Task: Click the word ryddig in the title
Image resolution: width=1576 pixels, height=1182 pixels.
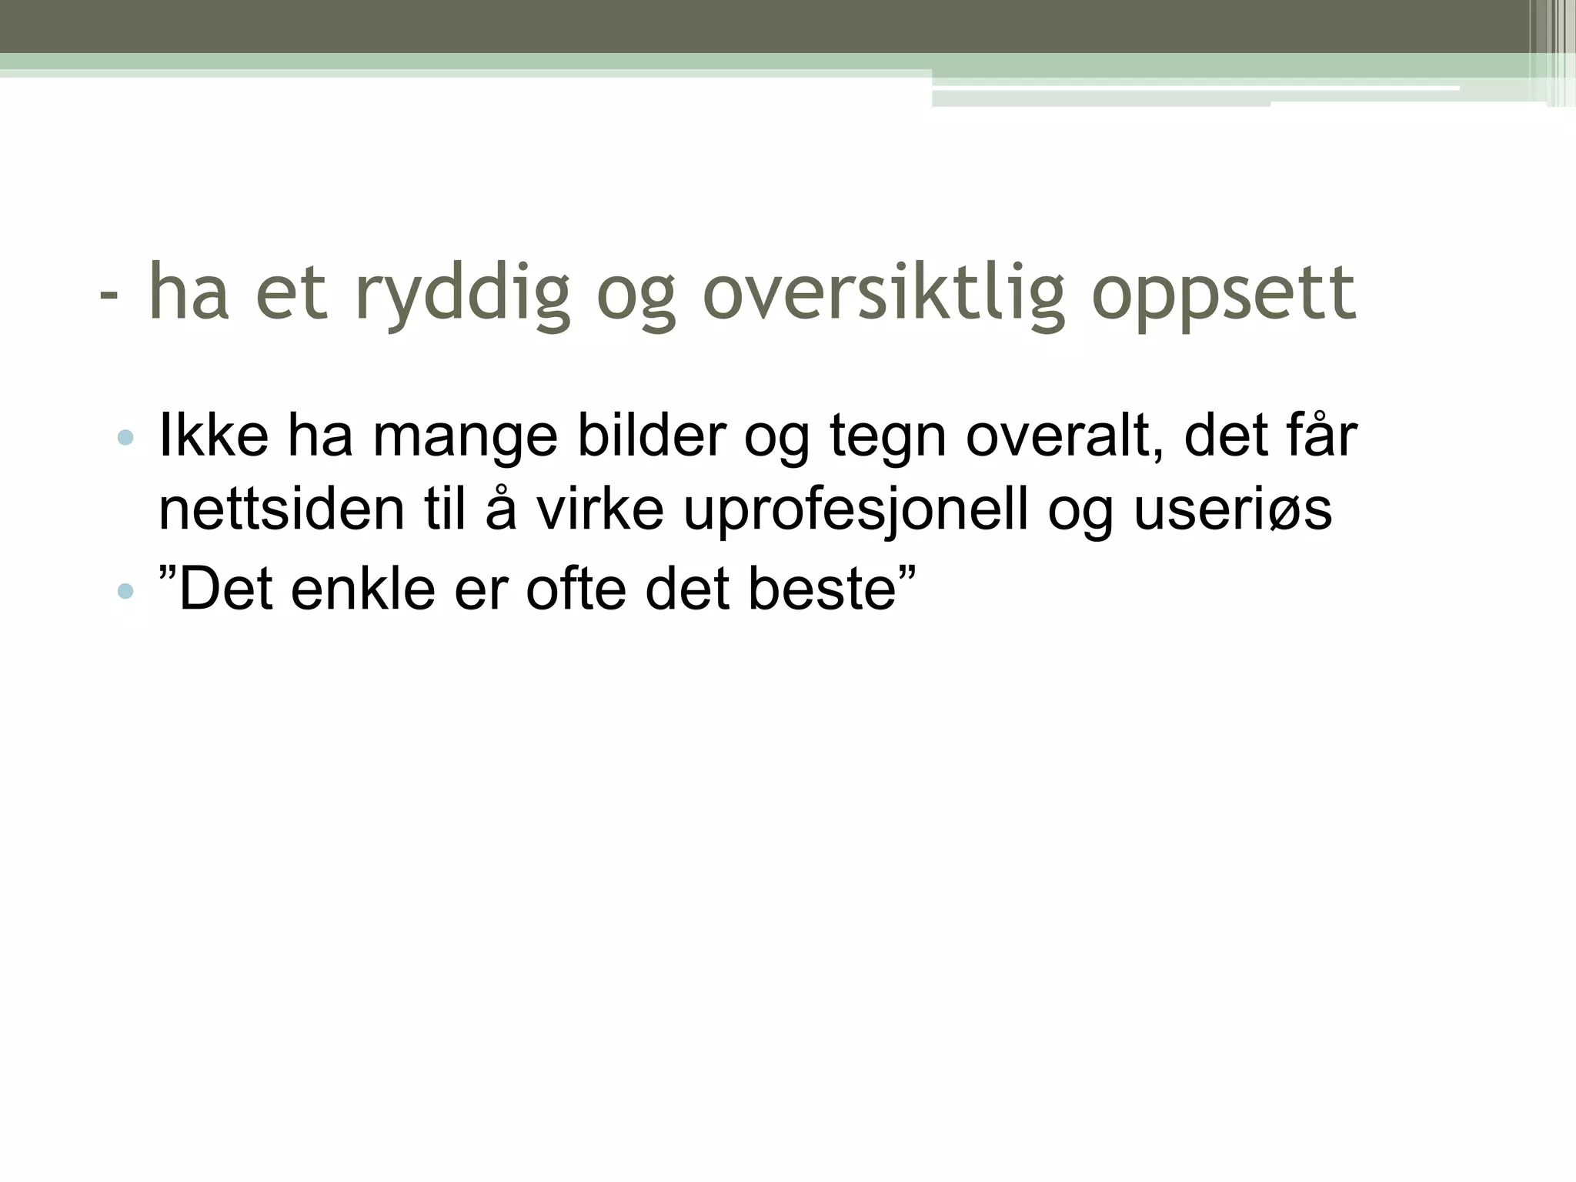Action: coord(462,294)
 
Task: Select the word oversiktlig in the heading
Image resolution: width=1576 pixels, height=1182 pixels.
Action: coord(883,294)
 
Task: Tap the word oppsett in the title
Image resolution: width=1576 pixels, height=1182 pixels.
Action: coord(1224,294)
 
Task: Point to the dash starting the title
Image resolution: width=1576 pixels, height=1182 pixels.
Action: coord(110,295)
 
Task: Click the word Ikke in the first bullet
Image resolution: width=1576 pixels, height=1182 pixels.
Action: coord(213,436)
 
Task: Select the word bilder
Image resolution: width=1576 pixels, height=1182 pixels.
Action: coord(651,436)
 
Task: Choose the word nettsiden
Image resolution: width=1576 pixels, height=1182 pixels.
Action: coord(281,509)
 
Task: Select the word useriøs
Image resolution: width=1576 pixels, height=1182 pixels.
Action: coord(1233,509)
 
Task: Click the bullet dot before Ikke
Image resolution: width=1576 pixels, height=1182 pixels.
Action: coord(125,439)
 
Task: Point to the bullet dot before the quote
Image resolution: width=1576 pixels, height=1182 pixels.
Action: coord(125,592)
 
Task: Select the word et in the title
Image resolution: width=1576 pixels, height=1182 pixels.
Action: coord(292,294)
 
